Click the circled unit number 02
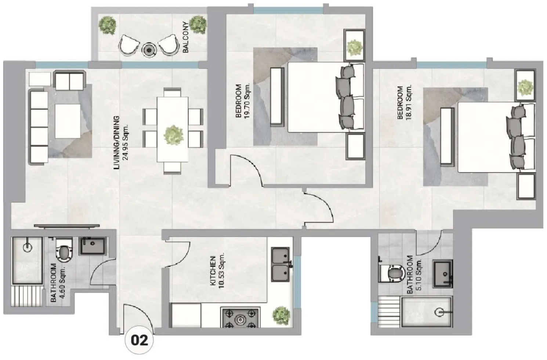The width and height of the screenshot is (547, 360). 140,340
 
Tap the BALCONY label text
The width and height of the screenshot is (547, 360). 186,37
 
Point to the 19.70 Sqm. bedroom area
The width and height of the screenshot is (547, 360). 246,101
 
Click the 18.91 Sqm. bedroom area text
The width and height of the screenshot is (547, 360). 408,102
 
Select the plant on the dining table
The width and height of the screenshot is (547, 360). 174,134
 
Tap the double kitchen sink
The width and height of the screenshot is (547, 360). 281,264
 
